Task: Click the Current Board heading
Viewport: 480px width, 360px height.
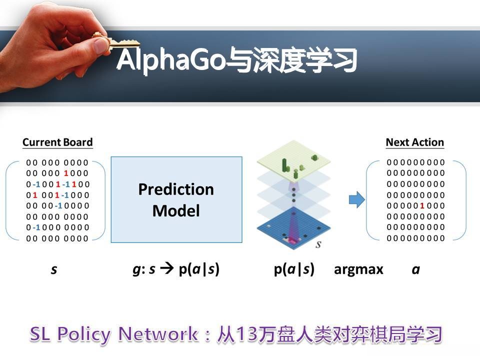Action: [57, 142]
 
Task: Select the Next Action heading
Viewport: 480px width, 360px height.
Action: [414, 142]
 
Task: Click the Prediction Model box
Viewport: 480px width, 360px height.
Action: [176, 199]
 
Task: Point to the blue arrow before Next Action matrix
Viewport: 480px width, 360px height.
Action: [355, 200]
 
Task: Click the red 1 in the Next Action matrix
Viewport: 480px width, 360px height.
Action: [422, 205]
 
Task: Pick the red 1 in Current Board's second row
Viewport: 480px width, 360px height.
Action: [66, 173]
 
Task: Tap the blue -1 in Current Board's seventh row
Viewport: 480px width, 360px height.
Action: [36, 227]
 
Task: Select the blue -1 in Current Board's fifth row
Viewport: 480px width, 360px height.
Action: [58, 205]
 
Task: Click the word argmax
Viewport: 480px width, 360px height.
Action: [358, 269]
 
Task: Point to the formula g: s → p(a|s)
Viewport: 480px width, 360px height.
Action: [176, 269]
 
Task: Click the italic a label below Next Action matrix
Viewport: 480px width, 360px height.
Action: [415, 270]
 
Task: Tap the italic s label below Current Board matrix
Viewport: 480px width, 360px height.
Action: [54, 270]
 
